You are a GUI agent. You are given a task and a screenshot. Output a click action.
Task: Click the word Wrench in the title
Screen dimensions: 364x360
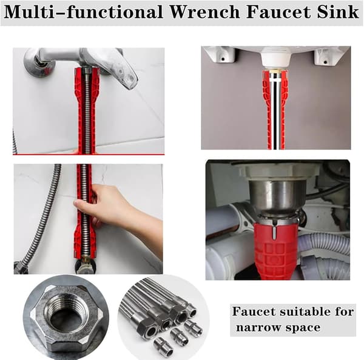pos(204,12)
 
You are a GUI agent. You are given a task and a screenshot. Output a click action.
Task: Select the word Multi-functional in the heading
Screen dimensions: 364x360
pos(84,12)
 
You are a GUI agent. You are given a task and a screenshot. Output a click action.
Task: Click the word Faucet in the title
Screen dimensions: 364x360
pos(278,12)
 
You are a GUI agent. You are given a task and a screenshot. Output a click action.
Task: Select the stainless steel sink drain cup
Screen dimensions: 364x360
pos(277,195)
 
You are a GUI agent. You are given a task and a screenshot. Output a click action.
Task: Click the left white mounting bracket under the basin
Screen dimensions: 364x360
pos(222,55)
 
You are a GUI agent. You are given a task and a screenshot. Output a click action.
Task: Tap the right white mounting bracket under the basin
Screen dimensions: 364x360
pos(325,57)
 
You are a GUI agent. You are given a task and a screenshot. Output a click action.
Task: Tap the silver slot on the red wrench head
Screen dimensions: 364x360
pos(274,235)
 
